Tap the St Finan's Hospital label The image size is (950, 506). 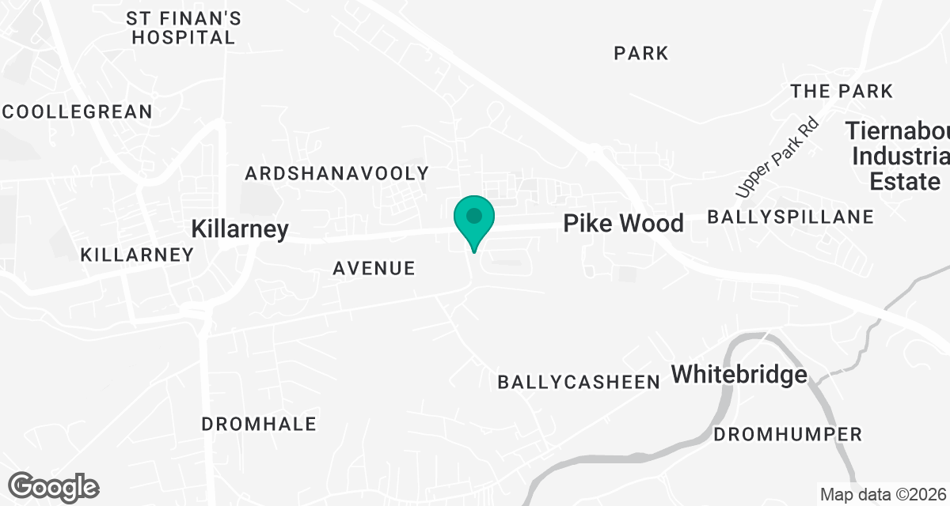[x=184, y=28]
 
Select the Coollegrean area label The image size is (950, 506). [x=77, y=111]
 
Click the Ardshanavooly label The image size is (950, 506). [x=336, y=173]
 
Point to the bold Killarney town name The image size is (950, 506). [x=240, y=229]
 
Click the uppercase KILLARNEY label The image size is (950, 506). [x=138, y=255]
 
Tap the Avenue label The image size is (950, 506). [x=374, y=269]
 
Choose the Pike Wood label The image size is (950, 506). [x=623, y=224]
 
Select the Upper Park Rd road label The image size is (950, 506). [x=777, y=159]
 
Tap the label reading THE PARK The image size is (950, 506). [x=842, y=91]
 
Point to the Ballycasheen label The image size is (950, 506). [x=579, y=383]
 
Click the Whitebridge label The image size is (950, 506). [x=739, y=375]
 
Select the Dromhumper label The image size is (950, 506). [x=788, y=435]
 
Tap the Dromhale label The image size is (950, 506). [x=259, y=424]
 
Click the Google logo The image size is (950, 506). [x=54, y=486]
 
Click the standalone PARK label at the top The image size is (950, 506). [x=641, y=54]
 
